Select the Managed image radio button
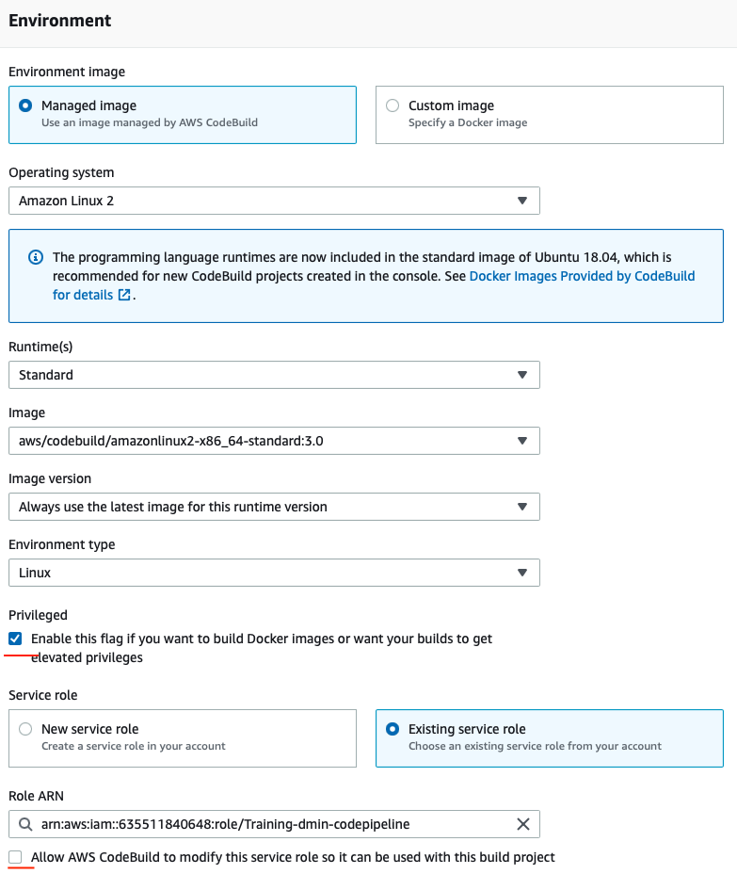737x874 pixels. tap(24, 105)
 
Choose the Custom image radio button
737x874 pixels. tap(392, 105)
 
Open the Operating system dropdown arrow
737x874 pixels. tap(522, 201)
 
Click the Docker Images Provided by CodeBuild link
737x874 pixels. tap(582, 276)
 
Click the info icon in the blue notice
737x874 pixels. tap(36, 257)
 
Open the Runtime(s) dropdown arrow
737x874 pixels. tap(522, 375)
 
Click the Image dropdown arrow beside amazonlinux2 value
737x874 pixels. tap(522, 441)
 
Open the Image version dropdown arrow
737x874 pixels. tap(522, 507)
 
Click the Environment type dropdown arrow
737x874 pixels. tap(522, 573)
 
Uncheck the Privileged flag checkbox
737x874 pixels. tap(16, 639)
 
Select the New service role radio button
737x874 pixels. tap(24, 729)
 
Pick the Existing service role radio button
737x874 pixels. tap(392, 729)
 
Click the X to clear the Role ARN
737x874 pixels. tap(523, 824)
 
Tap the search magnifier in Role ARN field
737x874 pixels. tap(24, 824)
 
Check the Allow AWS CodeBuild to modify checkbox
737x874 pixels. tap(16, 857)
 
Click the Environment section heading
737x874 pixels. tap(59, 21)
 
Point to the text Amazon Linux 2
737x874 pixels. tap(66, 201)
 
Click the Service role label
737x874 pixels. tap(42, 695)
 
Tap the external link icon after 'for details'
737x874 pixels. tap(124, 295)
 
